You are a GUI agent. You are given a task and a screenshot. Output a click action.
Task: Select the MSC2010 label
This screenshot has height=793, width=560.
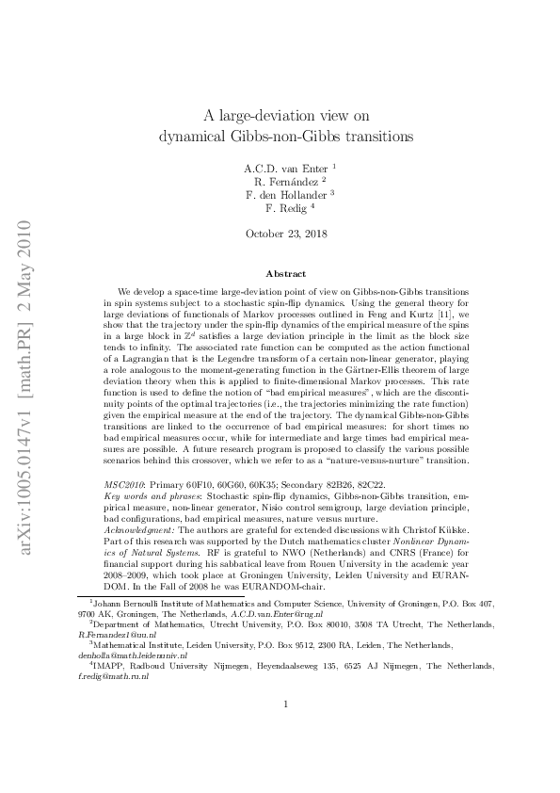pyautogui.click(x=124, y=481)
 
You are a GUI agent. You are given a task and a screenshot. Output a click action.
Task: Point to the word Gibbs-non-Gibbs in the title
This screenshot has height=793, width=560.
pyautogui.click(x=254, y=135)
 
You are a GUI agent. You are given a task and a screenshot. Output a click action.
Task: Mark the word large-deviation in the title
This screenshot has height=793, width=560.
pyautogui.click(x=266, y=116)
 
